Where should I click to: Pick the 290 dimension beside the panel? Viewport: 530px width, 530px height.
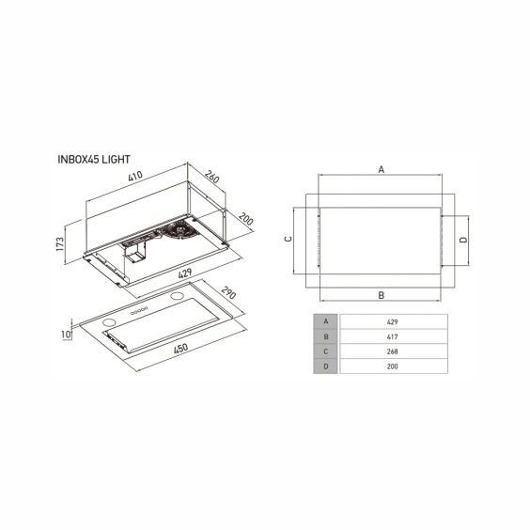click(228, 295)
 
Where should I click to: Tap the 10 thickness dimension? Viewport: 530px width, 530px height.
click(65, 334)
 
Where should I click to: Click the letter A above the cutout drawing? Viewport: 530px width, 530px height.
click(381, 169)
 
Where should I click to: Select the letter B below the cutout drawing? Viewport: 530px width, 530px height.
click(381, 294)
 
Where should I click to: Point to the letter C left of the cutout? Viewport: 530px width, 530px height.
click(288, 240)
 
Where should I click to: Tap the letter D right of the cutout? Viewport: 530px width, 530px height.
click(462, 240)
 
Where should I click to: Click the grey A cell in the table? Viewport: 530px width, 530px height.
click(325, 321)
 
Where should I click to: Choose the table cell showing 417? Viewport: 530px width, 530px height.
click(392, 336)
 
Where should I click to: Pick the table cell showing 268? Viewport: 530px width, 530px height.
click(392, 351)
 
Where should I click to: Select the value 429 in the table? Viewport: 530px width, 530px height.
click(392, 321)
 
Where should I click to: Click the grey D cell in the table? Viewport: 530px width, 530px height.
click(325, 366)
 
